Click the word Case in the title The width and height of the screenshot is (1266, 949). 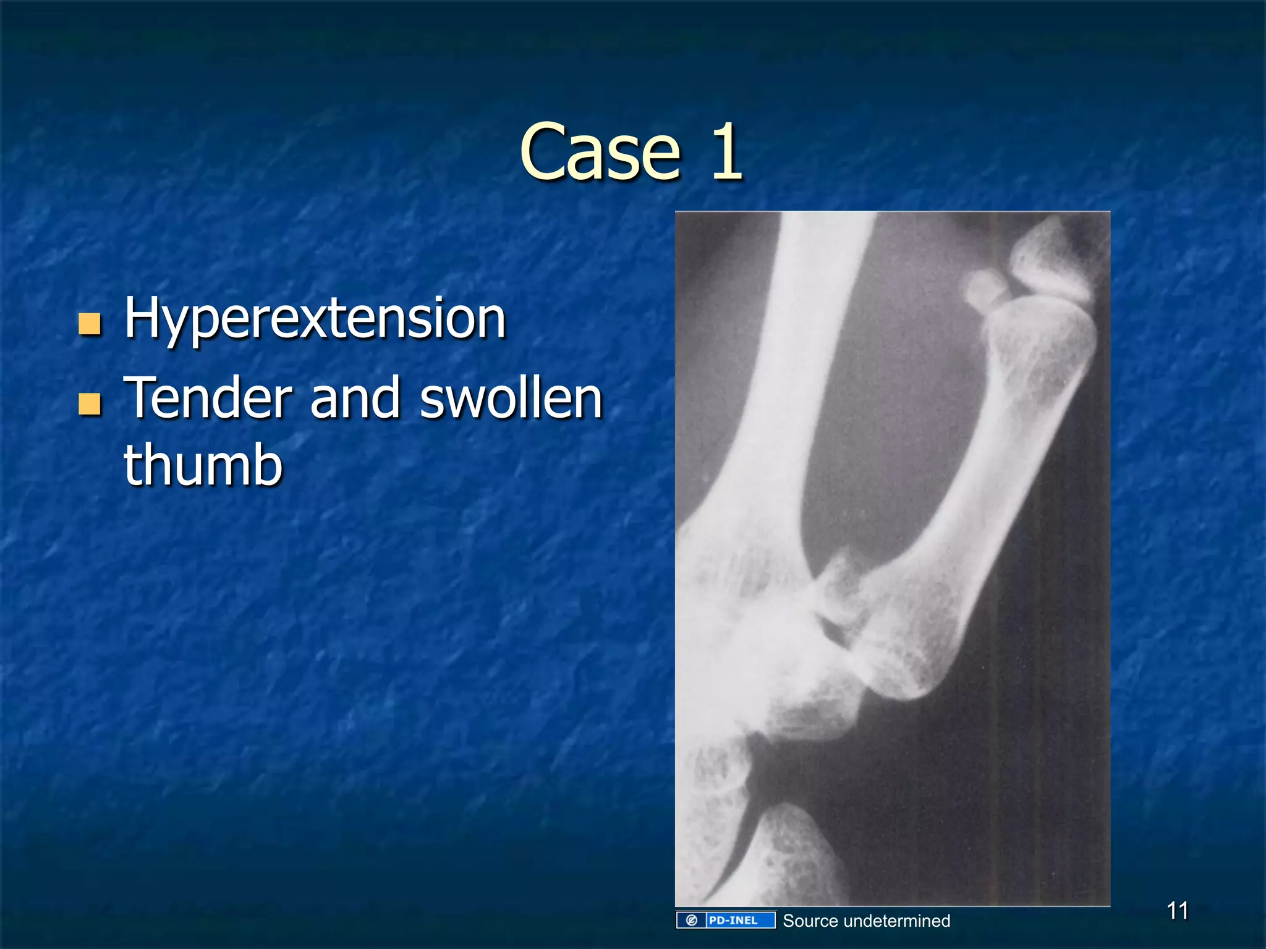tap(600, 153)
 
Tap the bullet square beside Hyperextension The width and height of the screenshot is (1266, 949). tap(90, 323)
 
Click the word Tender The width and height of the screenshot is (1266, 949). tap(208, 399)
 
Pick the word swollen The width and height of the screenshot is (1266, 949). tap(511, 399)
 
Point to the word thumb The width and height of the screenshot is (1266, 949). tap(203, 465)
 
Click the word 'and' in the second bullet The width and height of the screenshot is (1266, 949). tap(355, 399)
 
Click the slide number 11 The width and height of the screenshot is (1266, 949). tap(1177, 911)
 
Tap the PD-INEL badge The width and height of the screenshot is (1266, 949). tap(726, 921)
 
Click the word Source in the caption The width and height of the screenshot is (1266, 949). tap(810, 921)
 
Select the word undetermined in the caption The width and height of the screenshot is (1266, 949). tap(896, 921)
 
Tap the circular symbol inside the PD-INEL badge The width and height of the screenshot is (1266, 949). tap(692, 921)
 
